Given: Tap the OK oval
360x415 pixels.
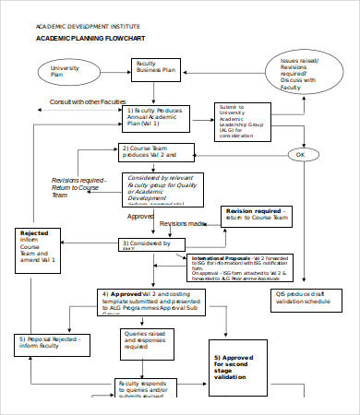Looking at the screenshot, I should pyautogui.click(x=299, y=154).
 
